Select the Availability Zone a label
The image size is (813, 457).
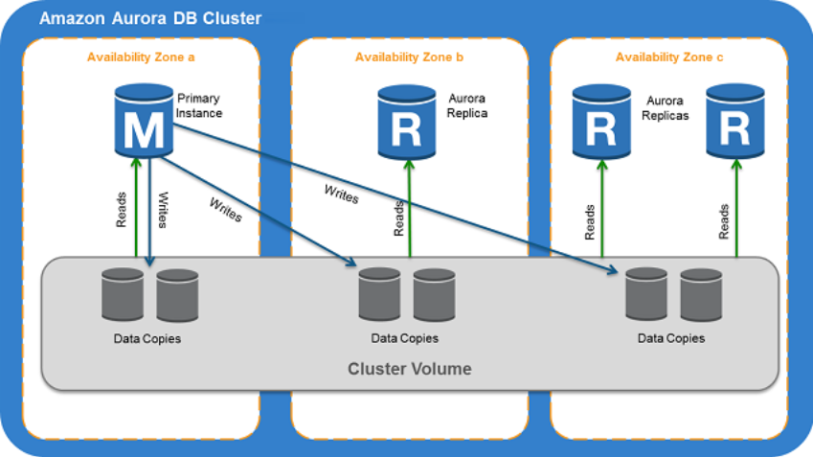[141, 57]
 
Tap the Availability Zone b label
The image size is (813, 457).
[409, 57]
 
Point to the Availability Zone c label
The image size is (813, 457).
[669, 57]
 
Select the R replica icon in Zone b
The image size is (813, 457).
[407, 122]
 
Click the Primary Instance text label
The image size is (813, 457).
[200, 105]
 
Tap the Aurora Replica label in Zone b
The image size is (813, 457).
[467, 105]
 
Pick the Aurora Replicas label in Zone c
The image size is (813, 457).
[667, 106]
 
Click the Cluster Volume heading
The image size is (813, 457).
[409, 368]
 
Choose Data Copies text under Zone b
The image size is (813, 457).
[404, 338]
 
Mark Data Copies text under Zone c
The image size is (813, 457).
[670, 338]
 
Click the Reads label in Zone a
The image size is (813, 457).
[122, 209]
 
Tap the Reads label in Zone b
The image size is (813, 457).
[398, 218]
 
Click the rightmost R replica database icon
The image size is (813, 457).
[735, 122]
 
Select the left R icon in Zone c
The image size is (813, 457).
[601, 122]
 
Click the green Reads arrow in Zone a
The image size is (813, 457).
[136, 206]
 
